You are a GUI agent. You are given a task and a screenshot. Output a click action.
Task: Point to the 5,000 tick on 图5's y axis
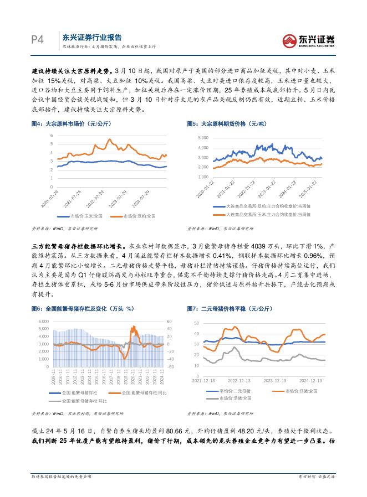(202, 137)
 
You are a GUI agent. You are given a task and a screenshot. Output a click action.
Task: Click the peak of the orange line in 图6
(133, 327)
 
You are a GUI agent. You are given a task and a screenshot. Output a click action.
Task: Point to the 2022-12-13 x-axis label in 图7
(240, 381)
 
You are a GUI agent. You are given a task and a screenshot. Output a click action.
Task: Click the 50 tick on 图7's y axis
(196, 323)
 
